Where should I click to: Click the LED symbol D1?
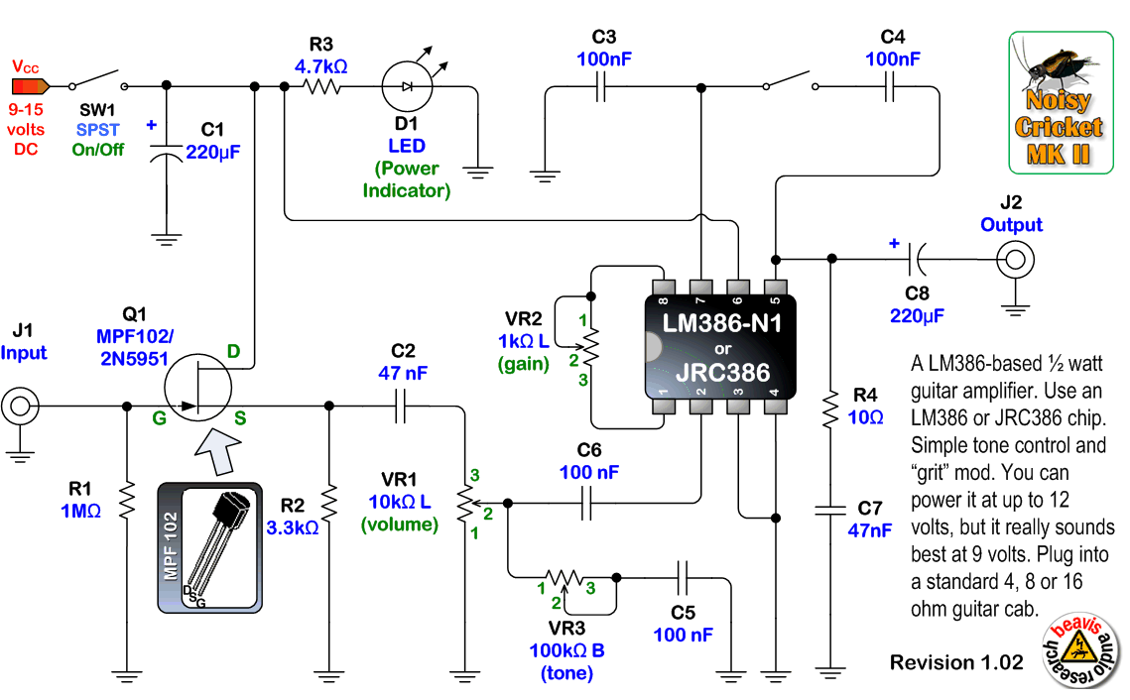point(407,87)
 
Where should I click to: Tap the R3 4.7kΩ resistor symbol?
point(321,87)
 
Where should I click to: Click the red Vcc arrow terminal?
point(30,85)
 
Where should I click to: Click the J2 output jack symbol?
point(1014,261)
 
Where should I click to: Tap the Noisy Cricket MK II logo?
point(1058,102)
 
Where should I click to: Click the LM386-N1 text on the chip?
point(721,323)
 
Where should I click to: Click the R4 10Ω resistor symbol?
point(827,409)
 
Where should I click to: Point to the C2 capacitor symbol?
point(402,406)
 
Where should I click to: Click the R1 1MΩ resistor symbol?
point(127,501)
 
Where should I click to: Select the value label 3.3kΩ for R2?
point(293,528)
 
